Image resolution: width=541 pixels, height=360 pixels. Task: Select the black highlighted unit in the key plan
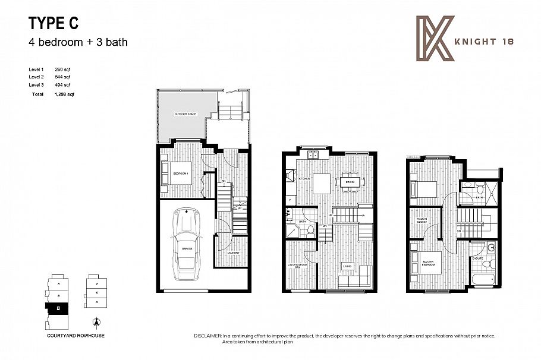(58, 308)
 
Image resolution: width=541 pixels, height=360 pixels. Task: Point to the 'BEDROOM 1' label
(181, 173)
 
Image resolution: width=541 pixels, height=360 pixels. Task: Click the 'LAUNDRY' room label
(234, 252)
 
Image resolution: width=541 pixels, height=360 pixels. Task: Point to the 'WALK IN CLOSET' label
(423, 221)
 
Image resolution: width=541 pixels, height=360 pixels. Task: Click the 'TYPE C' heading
(53, 24)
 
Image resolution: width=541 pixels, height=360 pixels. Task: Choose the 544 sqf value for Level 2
(62, 77)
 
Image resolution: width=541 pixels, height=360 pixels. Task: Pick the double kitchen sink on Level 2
(313, 156)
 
